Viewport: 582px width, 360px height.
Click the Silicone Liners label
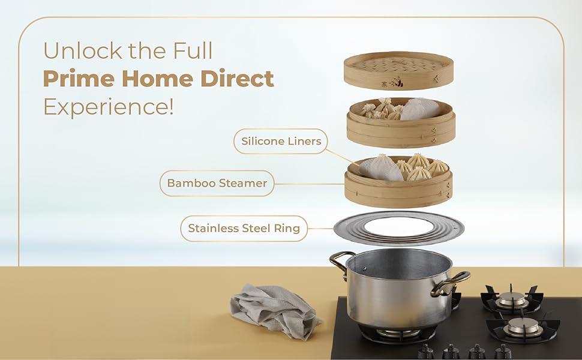pyautogui.click(x=281, y=142)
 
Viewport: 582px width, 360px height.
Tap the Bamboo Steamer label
pyautogui.click(x=217, y=183)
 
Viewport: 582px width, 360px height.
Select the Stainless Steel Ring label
pyautogui.click(x=244, y=228)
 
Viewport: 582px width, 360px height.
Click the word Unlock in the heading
pyautogui.click(x=80, y=51)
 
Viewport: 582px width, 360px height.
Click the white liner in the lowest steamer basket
pyautogui.click(x=380, y=167)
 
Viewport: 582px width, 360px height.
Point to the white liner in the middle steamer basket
pyautogui.click(x=420, y=109)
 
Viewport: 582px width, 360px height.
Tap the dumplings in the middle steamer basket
pyautogui.click(x=382, y=110)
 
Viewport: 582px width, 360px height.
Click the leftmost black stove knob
pyautogui.click(x=425, y=351)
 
